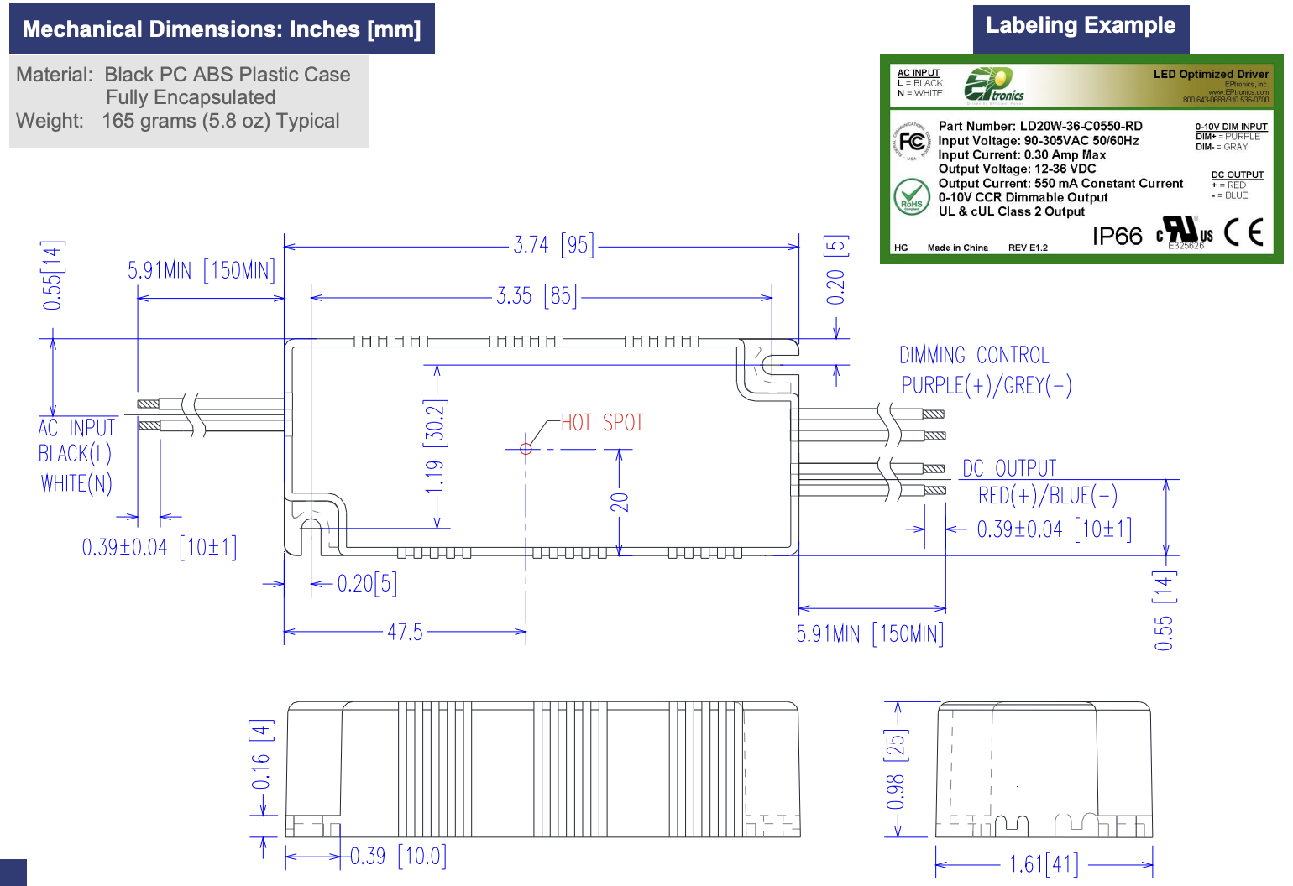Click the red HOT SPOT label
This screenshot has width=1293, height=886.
point(601,422)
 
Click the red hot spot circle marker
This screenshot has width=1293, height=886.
point(526,449)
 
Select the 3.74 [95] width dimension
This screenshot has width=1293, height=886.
point(553,245)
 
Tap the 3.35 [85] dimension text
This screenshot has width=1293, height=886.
point(537,296)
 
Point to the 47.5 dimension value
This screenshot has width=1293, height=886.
point(405,632)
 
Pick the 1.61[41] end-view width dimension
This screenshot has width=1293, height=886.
point(1044,863)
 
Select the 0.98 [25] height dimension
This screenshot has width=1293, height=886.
point(896,770)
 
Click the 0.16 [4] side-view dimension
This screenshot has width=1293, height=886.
point(261,755)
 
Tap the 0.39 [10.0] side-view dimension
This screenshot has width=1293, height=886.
point(398,857)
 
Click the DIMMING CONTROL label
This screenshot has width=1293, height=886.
point(974,356)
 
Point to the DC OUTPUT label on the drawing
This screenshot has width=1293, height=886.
point(1009,468)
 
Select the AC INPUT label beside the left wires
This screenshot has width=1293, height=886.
point(76,428)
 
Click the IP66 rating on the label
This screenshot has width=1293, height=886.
point(1117,236)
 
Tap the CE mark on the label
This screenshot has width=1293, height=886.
point(1243,232)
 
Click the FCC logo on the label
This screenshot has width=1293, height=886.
point(912,142)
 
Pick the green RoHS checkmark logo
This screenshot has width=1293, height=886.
point(911,197)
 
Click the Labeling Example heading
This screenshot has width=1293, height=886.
point(1080,26)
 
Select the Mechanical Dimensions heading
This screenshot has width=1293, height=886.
point(222,29)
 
